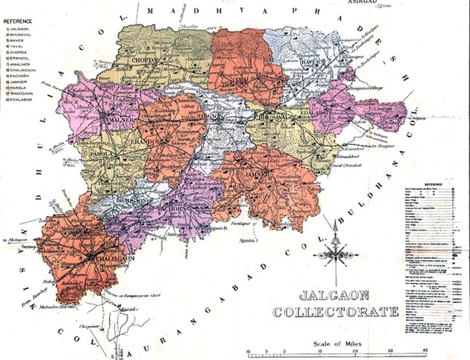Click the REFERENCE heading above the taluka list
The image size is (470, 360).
[19, 21]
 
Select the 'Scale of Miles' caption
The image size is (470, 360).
[335, 344]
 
